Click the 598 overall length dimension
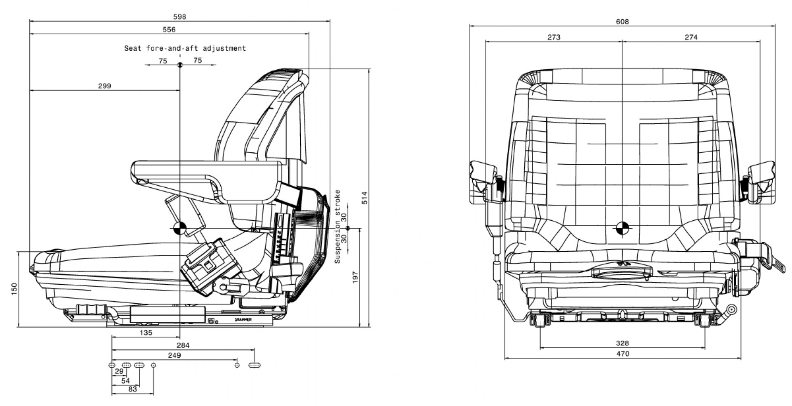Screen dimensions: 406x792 tap(180, 17)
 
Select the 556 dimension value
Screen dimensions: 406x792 tap(169, 29)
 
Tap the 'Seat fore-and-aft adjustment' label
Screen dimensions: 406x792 tap(185, 48)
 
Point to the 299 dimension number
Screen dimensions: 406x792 tap(105, 86)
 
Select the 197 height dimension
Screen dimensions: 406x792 tap(356, 277)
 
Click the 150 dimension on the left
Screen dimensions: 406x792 tap(14, 288)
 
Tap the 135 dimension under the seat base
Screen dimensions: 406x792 tap(146, 333)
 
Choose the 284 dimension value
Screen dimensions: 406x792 tap(183, 345)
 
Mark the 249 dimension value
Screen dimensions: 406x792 tap(174, 355)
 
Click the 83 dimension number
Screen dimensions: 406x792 tap(132, 389)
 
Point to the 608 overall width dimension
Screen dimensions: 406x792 tap(622, 21)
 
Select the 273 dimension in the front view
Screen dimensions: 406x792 tap(554, 37)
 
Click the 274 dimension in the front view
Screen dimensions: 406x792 tap(691, 37)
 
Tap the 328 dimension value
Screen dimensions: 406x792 tap(622, 343)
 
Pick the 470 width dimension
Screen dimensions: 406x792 tap(623, 354)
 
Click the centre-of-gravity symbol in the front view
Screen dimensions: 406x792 tap(623, 228)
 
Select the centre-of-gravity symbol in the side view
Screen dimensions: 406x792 tap(180, 228)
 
